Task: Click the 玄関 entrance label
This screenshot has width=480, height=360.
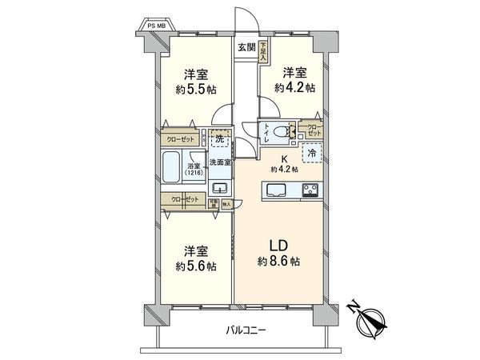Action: (x=246, y=47)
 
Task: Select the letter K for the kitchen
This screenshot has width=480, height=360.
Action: (x=284, y=158)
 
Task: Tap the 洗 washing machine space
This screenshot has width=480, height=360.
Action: (x=220, y=139)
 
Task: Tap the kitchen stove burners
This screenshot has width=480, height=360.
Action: (x=311, y=190)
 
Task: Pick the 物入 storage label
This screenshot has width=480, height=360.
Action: (x=226, y=204)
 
